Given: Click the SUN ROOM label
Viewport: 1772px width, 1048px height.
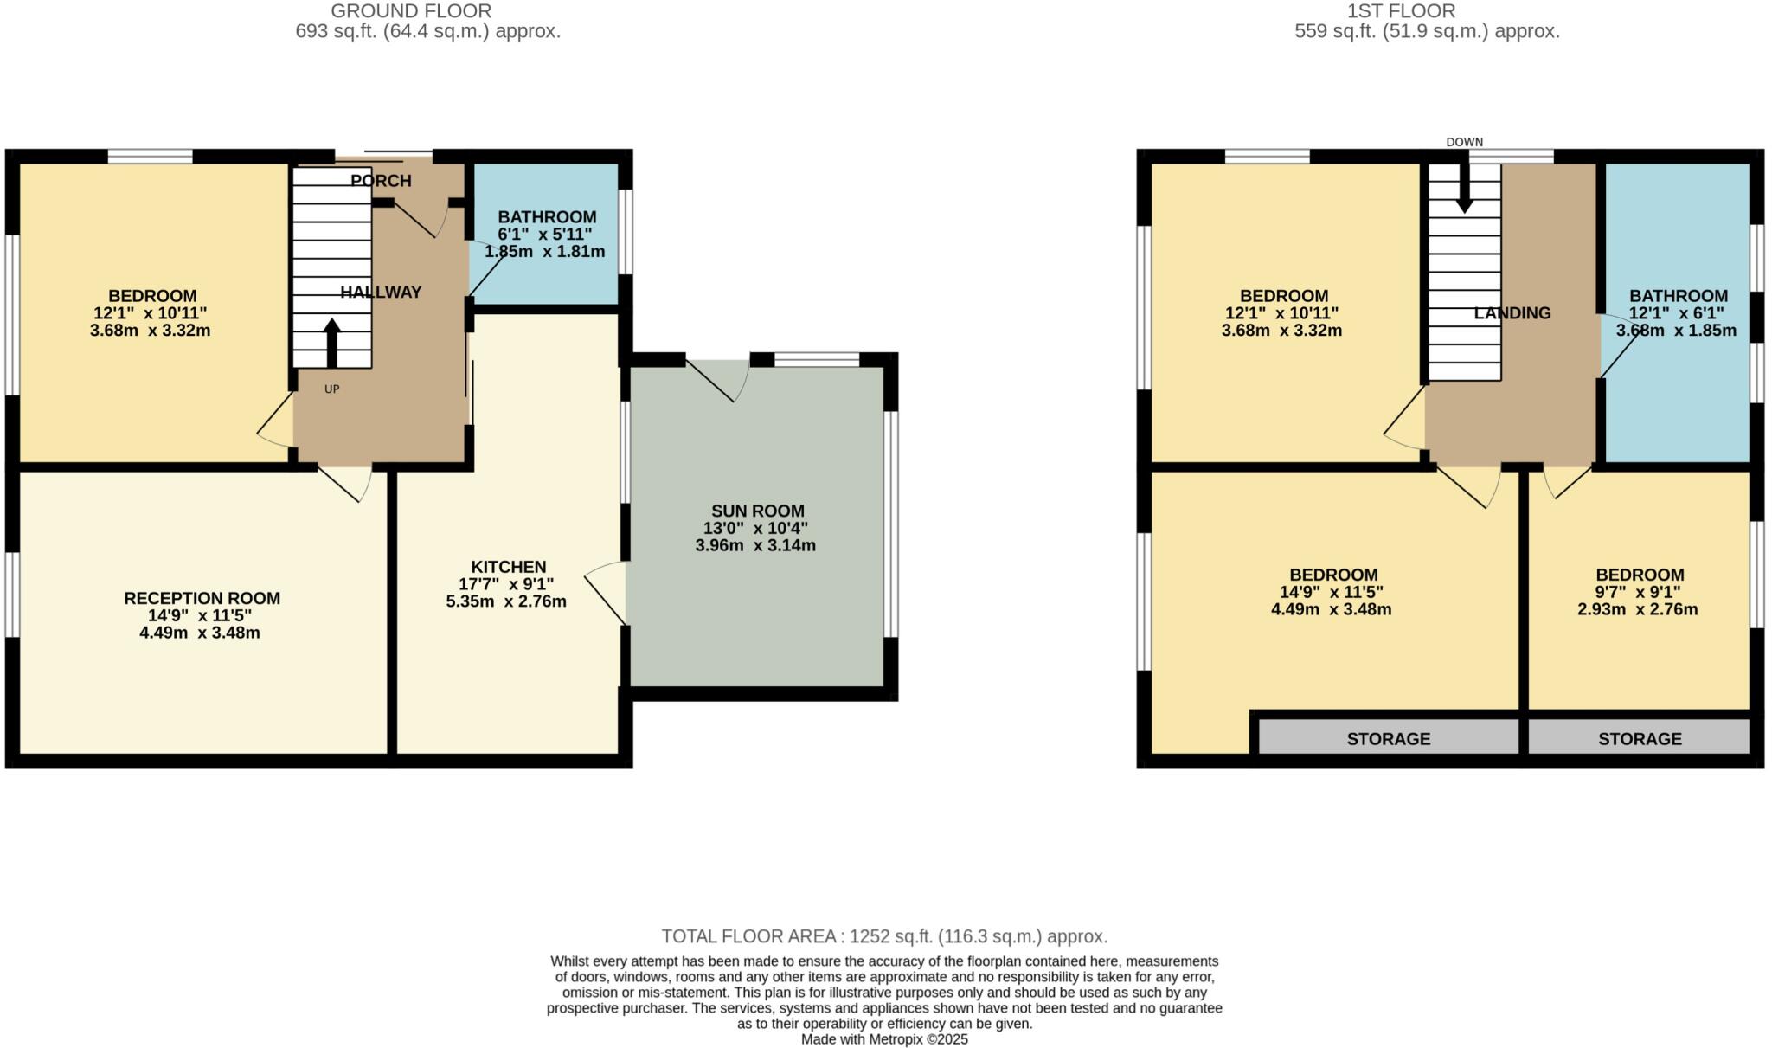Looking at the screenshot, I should coord(757,511).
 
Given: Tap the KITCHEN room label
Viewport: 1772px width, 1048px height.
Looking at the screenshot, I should coord(508,567).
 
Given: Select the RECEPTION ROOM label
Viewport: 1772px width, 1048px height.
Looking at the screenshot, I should coord(202,598).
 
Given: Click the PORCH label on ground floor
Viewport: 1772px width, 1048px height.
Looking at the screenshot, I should coord(381,181).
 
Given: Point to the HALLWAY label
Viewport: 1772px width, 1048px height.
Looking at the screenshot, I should coord(381,293).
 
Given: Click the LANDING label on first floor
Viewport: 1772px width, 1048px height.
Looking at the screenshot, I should coord(1512,313).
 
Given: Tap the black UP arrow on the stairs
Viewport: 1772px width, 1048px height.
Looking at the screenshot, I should coord(331,343).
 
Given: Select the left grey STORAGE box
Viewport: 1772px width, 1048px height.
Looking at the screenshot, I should coord(1388,738).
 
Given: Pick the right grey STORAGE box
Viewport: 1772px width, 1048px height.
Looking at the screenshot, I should coord(1639,738).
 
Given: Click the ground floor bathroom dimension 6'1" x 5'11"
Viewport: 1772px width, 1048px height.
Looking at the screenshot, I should coord(544,235).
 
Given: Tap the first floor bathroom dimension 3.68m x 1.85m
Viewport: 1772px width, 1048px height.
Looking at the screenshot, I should coord(1675,331).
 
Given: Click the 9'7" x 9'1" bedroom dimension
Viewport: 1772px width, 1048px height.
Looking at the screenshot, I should coord(1638,592).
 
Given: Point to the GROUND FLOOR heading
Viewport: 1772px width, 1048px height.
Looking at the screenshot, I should coord(411,11).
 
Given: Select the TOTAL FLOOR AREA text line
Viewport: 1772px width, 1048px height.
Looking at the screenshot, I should coord(884,936).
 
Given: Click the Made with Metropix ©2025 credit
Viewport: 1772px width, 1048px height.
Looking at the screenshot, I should coord(884,1039).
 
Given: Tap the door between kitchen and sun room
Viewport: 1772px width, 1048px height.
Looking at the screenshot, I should coord(606,593).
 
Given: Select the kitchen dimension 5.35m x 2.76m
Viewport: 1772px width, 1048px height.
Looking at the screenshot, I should coord(506,601).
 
